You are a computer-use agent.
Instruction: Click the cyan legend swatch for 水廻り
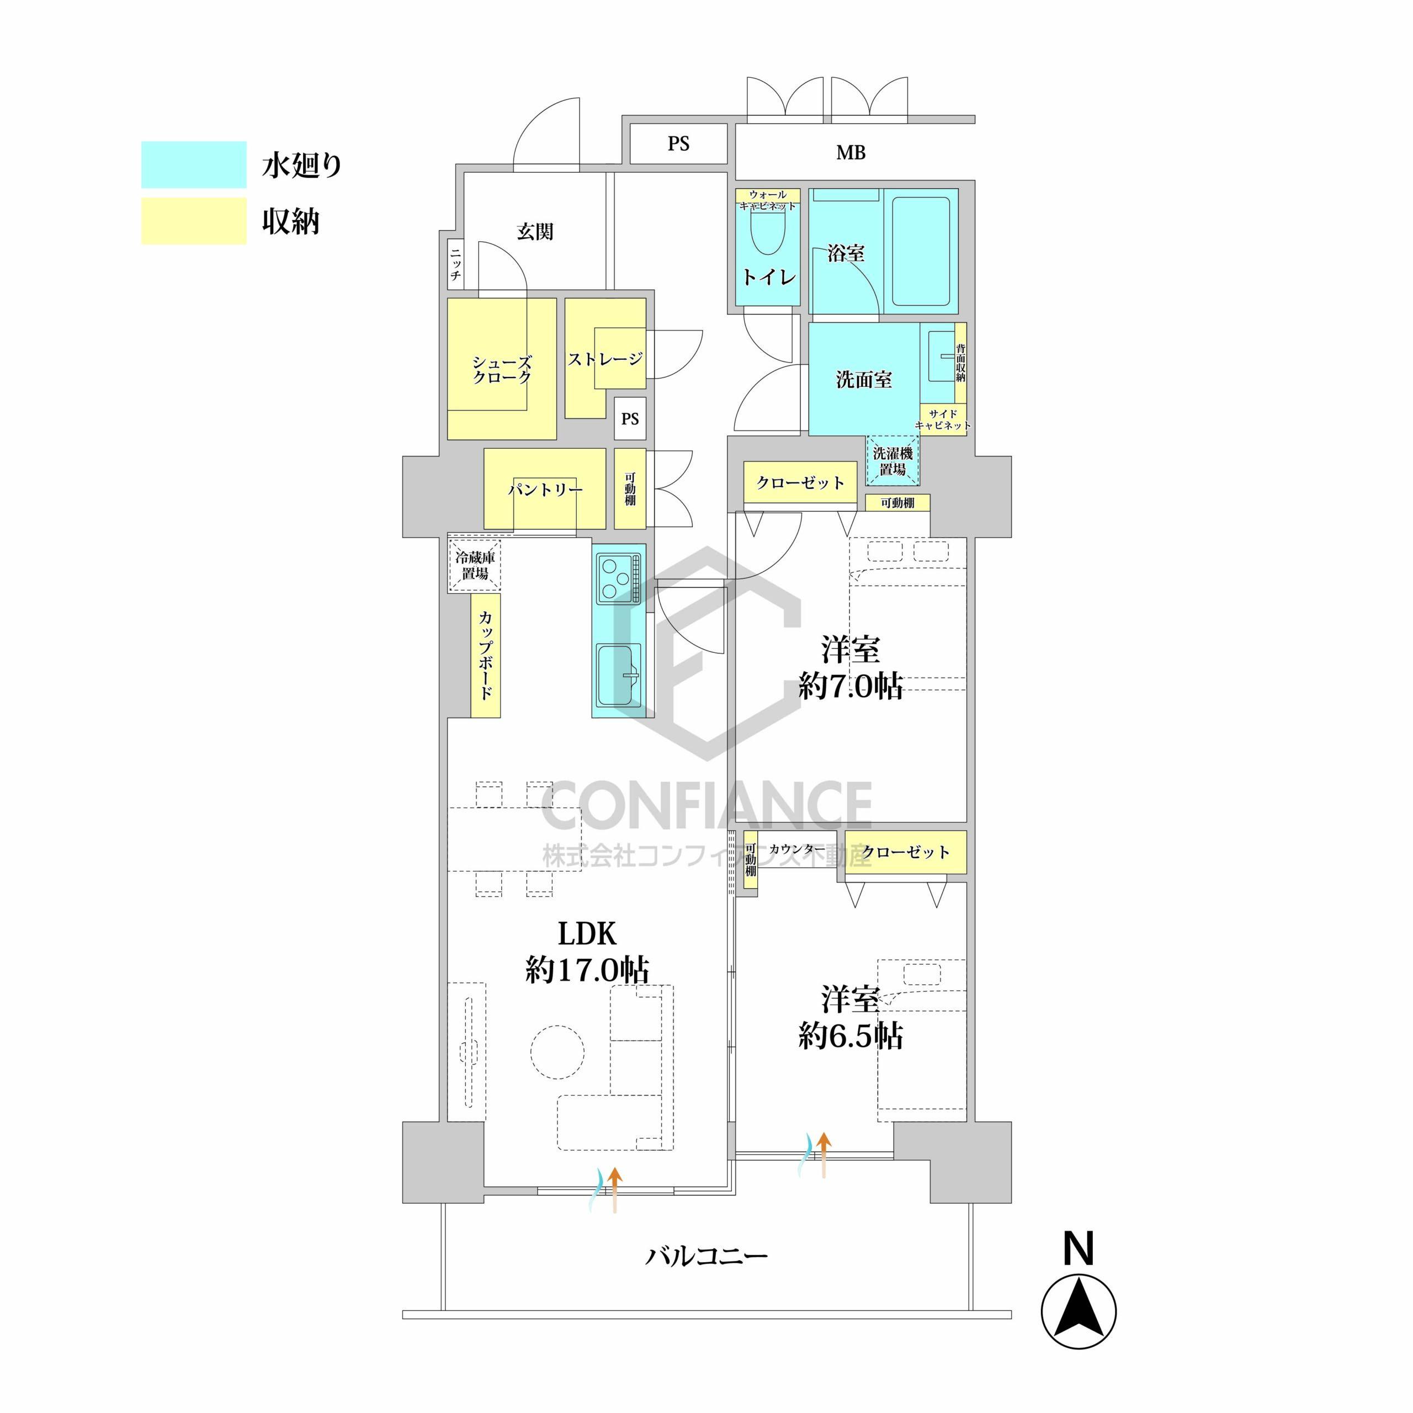(194, 164)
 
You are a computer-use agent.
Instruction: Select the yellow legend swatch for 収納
(194, 221)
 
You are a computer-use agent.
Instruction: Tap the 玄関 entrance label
(535, 232)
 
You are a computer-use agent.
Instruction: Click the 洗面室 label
(864, 380)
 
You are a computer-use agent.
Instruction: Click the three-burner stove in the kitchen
(619, 578)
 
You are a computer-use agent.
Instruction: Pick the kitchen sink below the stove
(619, 675)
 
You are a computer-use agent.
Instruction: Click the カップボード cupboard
(486, 655)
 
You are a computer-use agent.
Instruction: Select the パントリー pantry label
(545, 489)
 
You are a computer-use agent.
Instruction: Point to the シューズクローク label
(502, 370)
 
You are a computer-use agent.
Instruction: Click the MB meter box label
(851, 153)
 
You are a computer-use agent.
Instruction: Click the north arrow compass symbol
(1079, 1312)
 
